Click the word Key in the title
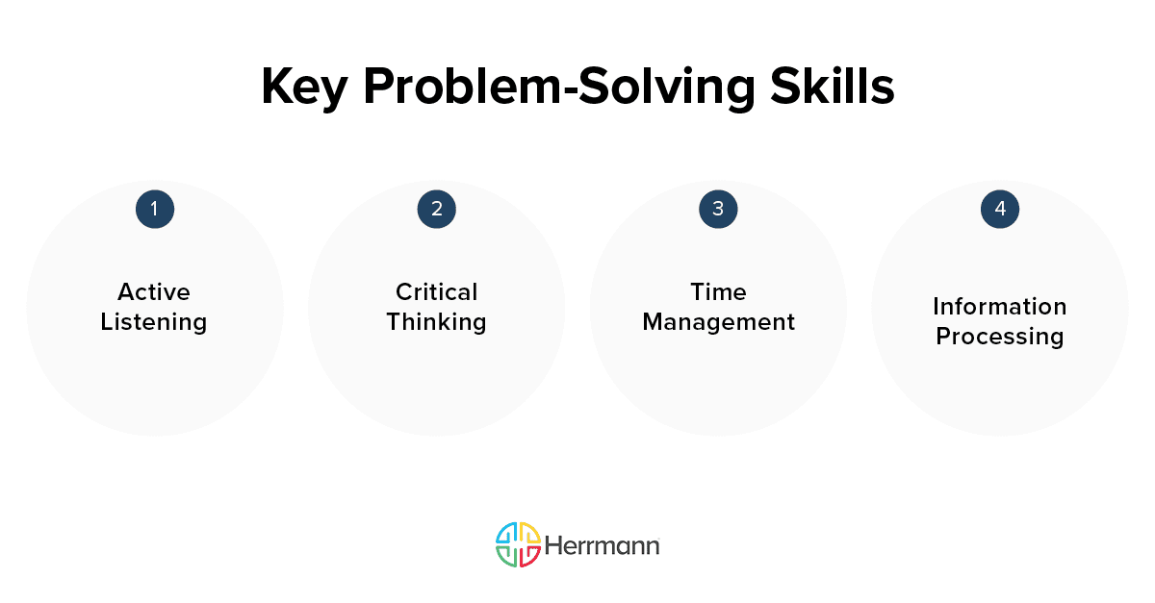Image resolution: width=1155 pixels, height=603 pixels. pyautogui.click(x=302, y=88)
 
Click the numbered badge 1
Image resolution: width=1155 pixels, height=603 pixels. pyautogui.click(x=154, y=209)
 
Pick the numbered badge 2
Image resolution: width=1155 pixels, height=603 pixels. pyautogui.click(x=436, y=209)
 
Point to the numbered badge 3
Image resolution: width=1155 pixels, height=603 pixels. pyautogui.click(x=718, y=209)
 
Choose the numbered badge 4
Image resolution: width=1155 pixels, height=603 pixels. pyautogui.click(x=999, y=209)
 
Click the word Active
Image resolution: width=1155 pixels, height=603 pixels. pyautogui.click(x=154, y=291)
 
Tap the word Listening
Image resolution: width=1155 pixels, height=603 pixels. pyautogui.click(x=154, y=322)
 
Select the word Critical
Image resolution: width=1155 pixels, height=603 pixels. pyautogui.click(x=436, y=291)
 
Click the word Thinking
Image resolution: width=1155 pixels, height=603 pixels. pyautogui.click(x=436, y=322)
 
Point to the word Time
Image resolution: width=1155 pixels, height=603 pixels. pyautogui.click(x=718, y=291)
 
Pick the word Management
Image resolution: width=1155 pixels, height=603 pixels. pyautogui.click(x=718, y=322)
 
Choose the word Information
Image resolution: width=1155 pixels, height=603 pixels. pyautogui.click(x=999, y=307)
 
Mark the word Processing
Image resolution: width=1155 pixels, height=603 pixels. pyautogui.click(x=999, y=337)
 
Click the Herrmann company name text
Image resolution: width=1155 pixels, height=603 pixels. pyautogui.click(x=602, y=545)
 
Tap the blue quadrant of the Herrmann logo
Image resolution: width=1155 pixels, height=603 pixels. pyautogui.click(x=506, y=534)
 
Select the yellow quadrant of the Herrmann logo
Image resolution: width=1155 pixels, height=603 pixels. pyautogui.click(x=528, y=534)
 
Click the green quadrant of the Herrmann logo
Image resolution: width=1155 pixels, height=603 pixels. pyautogui.click(x=506, y=556)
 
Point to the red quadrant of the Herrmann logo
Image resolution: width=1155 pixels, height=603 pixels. pyautogui.click(x=528, y=556)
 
